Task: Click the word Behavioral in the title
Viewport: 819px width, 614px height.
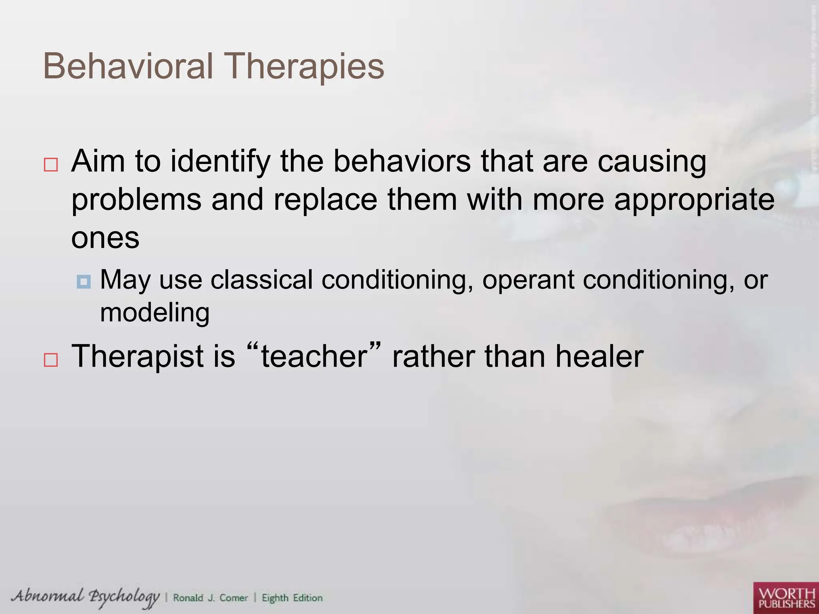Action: [x=128, y=66]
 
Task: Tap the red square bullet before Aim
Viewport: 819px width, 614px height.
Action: [x=51, y=165]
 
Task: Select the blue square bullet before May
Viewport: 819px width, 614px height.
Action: [x=84, y=282]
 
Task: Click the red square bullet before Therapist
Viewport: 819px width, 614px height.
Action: [x=51, y=360]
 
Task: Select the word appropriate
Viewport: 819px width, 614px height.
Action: [x=694, y=200]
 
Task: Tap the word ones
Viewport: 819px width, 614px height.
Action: [x=105, y=237]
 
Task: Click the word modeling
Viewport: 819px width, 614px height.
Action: [x=154, y=312]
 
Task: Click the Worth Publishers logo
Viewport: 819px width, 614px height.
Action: [x=786, y=598]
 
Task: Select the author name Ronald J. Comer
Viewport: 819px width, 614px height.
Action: [x=210, y=598]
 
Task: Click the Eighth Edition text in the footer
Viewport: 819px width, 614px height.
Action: [x=292, y=598]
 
